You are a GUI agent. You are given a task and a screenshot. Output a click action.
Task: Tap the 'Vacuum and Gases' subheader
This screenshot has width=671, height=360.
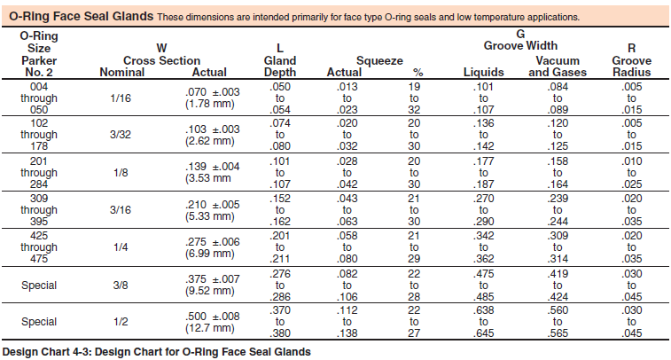pyautogui.click(x=558, y=67)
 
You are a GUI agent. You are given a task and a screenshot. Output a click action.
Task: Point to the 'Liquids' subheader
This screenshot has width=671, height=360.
pyautogui.click(x=484, y=73)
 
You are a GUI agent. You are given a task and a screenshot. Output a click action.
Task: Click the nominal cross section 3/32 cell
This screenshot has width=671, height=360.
pyautogui.click(x=121, y=135)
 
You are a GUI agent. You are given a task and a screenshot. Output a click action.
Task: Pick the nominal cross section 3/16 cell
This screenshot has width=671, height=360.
pyautogui.click(x=121, y=210)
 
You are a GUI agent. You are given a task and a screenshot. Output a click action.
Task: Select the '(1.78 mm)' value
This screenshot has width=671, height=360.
pyautogui.click(x=210, y=104)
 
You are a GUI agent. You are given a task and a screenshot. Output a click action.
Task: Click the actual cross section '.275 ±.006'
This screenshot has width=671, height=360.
pyautogui.click(x=212, y=242)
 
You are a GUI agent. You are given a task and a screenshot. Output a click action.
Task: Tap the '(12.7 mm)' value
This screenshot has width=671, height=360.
pyautogui.click(x=210, y=328)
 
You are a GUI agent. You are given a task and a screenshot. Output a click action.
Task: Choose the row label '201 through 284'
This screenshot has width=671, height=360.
pyautogui.click(x=39, y=173)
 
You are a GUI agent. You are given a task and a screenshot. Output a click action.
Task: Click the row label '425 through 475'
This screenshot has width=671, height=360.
pyautogui.click(x=39, y=247)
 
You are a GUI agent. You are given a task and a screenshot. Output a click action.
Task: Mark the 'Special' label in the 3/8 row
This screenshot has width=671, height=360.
pyautogui.click(x=39, y=286)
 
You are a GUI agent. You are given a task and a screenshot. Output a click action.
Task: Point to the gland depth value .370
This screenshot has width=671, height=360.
pyautogui.click(x=280, y=310)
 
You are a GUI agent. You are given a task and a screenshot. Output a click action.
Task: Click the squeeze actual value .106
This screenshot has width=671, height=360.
pyautogui.click(x=347, y=297)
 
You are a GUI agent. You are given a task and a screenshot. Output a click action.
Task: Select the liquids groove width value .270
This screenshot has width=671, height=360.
pyautogui.click(x=484, y=199)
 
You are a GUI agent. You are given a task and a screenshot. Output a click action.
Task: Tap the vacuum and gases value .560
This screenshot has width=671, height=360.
pyautogui.click(x=558, y=310)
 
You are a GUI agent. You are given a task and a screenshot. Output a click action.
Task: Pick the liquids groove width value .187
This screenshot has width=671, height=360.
pyautogui.click(x=484, y=184)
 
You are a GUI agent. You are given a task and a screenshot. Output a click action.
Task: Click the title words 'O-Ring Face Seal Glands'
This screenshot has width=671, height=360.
pyautogui.click(x=82, y=16)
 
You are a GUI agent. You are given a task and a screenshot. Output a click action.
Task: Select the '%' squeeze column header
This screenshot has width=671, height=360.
pyautogui.click(x=418, y=73)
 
